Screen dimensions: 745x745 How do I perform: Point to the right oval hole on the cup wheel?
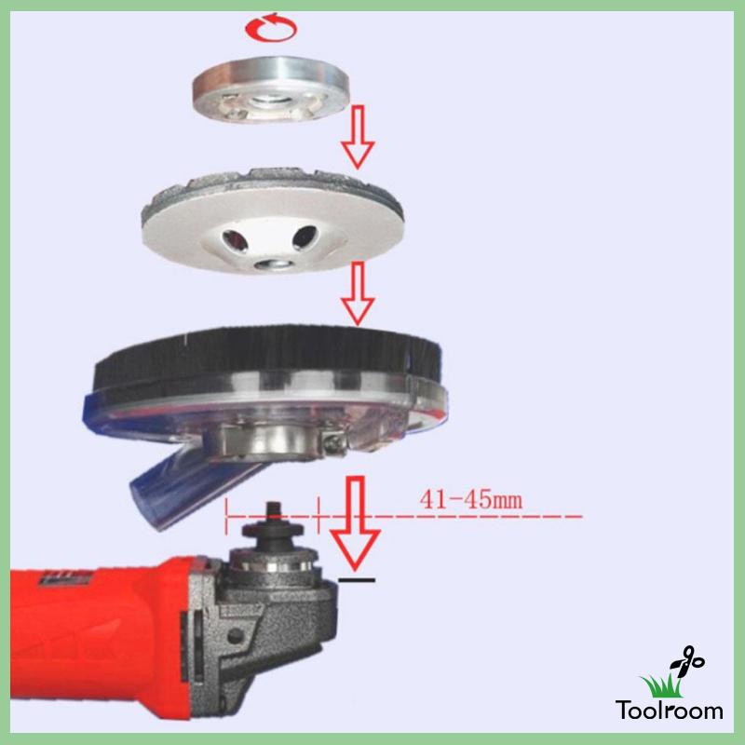[303, 237]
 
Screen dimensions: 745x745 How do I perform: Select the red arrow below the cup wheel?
[357, 296]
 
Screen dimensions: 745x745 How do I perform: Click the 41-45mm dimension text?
[470, 498]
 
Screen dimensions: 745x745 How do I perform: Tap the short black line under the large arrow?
[357, 580]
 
